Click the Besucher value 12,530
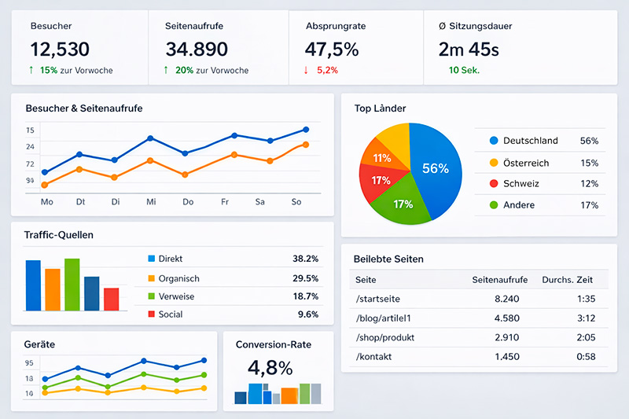[60, 49]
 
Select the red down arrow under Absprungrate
[306, 70]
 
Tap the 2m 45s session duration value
[469, 49]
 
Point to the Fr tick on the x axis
[224, 202]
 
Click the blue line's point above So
[305, 130]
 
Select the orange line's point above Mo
[45, 185]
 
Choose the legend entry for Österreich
[526, 163]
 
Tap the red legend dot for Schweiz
[494, 184]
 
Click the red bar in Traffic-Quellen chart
[111, 299]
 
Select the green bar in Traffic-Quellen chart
[72, 285]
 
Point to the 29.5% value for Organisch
[305, 278]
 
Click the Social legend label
[171, 314]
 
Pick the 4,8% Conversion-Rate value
[270, 368]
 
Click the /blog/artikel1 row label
[384, 318]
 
